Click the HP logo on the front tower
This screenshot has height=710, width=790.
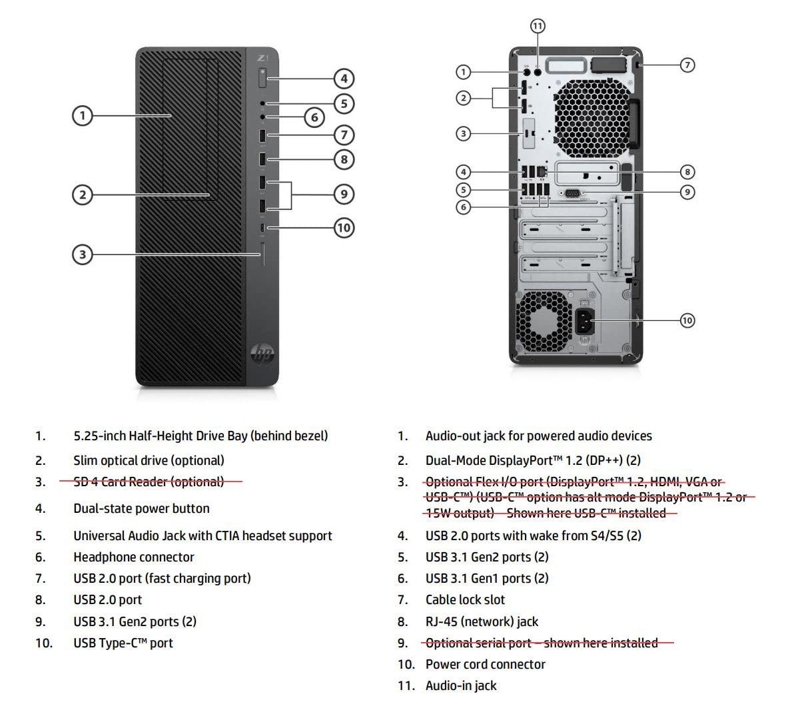coord(262,354)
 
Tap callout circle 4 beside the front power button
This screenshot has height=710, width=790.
coord(344,79)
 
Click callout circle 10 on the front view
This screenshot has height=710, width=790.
coord(344,228)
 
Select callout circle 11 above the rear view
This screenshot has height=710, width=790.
coord(538,26)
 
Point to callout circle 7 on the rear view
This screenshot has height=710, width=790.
coord(687,65)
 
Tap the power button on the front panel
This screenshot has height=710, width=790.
coord(262,77)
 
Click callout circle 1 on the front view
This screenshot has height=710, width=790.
coord(82,116)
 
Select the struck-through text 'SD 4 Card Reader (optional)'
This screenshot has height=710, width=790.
coord(149,482)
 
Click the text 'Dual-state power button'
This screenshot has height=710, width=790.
coord(141,508)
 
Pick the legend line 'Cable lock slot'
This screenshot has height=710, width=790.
coord(465,599)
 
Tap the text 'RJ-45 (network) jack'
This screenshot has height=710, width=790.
coord(482,621)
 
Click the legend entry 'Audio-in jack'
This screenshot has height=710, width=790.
coord(461,685)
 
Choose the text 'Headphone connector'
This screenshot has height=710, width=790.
coord(133,557)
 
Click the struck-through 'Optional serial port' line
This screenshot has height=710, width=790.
coord(541,643)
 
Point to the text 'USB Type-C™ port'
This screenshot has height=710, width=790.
coord(123,643)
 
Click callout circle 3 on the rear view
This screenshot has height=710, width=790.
coord(464,133)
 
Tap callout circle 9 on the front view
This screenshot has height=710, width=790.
coord(344,194)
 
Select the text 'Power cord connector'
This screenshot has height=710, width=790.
coord(485,664)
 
